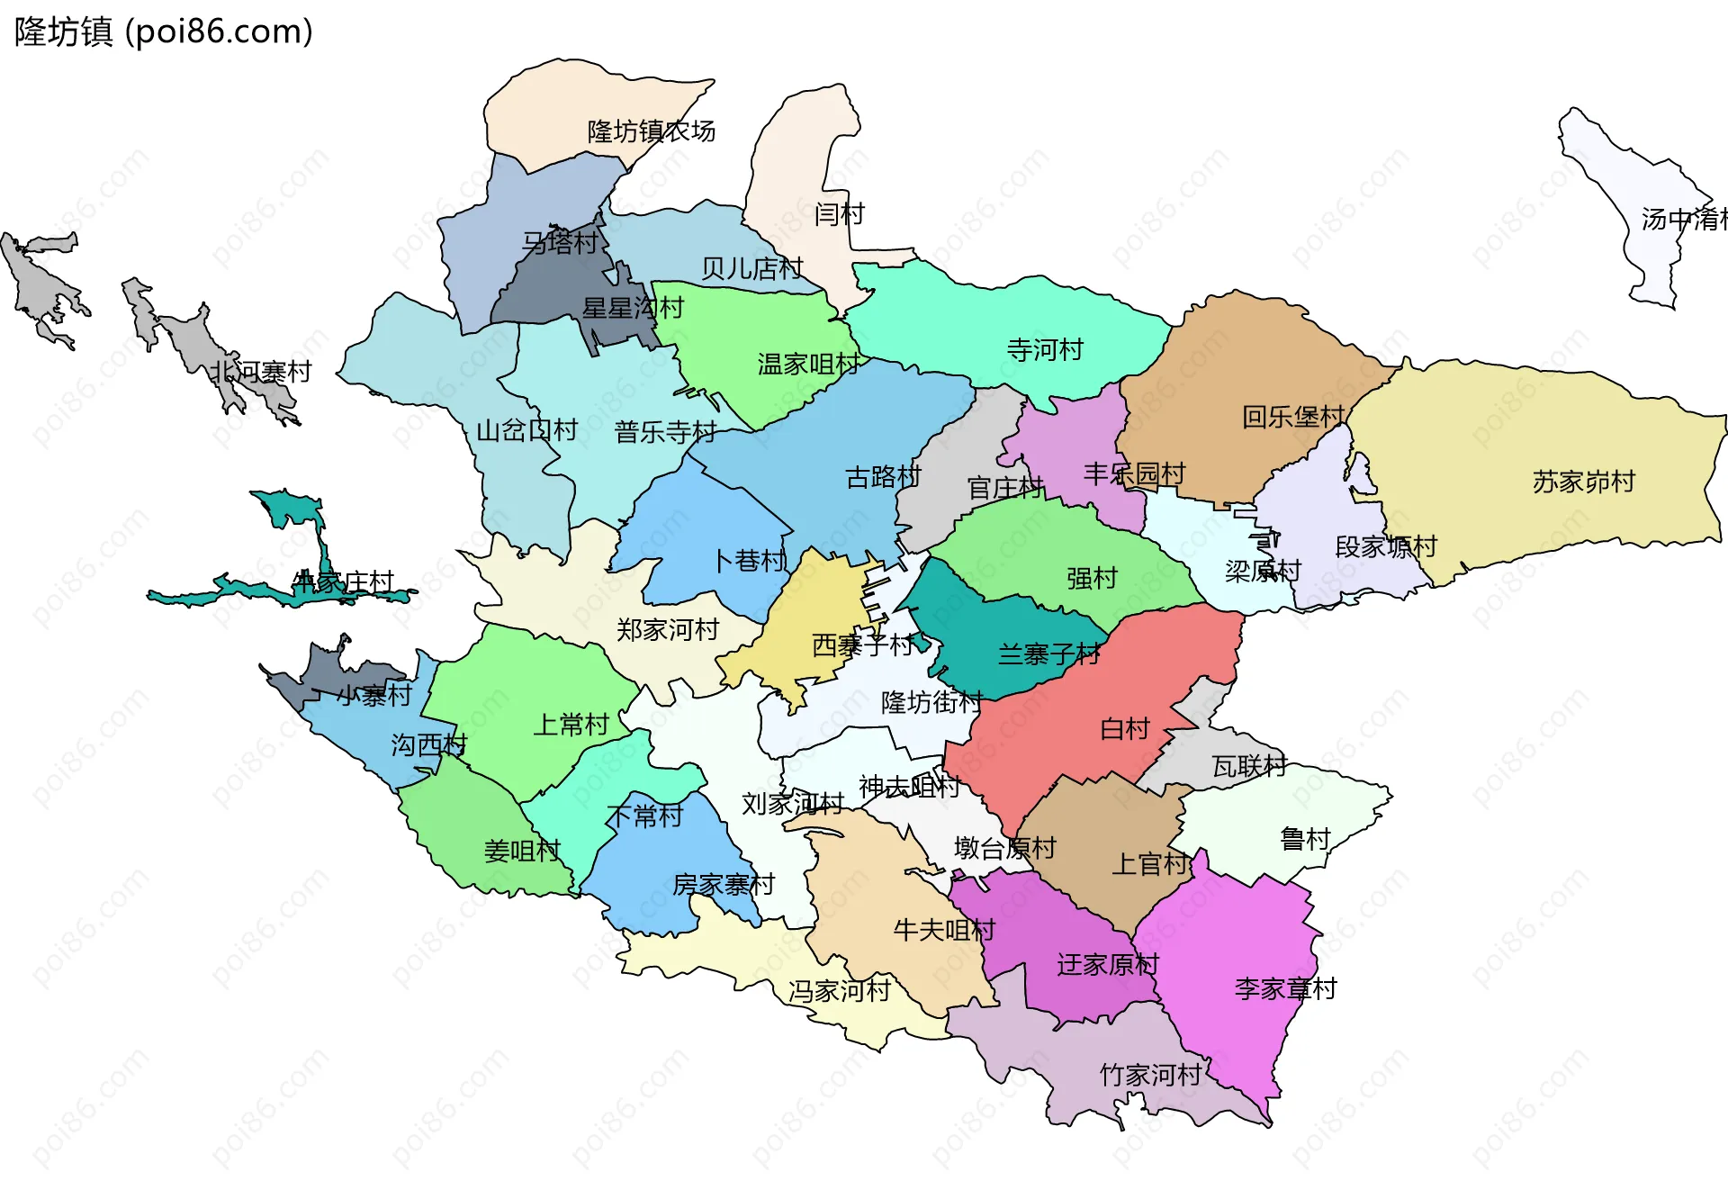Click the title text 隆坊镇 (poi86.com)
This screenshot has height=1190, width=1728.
point(164,32)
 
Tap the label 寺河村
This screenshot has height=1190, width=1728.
point(1045,350)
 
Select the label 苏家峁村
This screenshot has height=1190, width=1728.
point(1583,482)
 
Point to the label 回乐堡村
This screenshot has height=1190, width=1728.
point(1292,417)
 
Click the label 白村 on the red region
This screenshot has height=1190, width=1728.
point(1125,728)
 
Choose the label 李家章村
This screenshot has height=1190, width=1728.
point(1285,989)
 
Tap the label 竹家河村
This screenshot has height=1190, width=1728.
point(1150,1075)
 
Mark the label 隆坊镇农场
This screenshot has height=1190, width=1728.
point(651,131)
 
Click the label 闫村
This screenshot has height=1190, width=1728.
point(839,214)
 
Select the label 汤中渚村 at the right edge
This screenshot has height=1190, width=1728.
point(1683,220)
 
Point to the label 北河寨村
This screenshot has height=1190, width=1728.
point(261,372)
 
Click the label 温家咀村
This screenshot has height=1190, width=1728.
point(808,365)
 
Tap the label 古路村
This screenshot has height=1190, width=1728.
point(883,477)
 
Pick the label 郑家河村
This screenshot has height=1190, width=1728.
point(667,630)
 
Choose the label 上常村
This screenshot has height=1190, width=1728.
point(571,725)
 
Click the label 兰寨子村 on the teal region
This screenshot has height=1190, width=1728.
point(1048,654)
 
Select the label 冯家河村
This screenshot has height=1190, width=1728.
point(839,991)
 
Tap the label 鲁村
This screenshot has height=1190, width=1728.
point(1305,839)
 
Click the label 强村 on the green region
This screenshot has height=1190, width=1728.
point(1092,578)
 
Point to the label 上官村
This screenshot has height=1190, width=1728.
point(1149,864)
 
